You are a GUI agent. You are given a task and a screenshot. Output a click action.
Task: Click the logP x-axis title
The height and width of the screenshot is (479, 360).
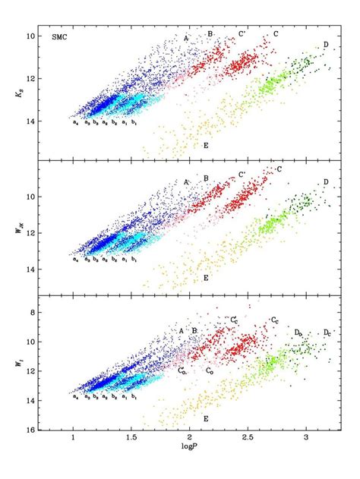pos(190,458)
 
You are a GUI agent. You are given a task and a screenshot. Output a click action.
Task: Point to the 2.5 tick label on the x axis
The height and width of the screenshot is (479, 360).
pos(247,446)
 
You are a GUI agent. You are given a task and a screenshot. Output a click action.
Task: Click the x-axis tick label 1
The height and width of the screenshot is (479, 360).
pos(73,446)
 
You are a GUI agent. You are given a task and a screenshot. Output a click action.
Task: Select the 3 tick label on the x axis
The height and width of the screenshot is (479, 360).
pos(306,446)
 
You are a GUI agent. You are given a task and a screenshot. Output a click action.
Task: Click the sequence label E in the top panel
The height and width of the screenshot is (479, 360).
pos(205,144)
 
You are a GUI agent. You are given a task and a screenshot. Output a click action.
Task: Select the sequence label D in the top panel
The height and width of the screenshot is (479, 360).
pos(325,46)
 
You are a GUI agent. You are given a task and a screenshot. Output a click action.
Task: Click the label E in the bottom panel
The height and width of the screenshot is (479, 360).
pos(205,418)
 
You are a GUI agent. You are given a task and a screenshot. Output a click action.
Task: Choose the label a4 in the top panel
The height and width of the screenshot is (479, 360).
pos(75,123)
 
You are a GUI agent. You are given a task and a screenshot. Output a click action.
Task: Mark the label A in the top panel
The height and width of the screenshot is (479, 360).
pos(185,36)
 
